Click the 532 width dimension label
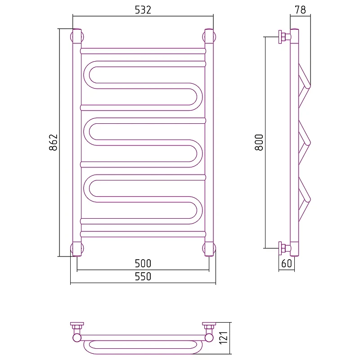[x=143, y=10]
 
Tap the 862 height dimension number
[x=53, y=142]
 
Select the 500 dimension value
[x=143, y=263]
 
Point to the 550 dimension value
[x=143, y=276]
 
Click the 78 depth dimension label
[x=300, y=10]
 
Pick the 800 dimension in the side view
[x=259, y=142]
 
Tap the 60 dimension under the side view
[x=287, y=263]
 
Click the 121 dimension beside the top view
[x=223, y=338]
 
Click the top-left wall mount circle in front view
[x=72, y=37]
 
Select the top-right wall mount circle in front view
[x=215, y=37]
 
